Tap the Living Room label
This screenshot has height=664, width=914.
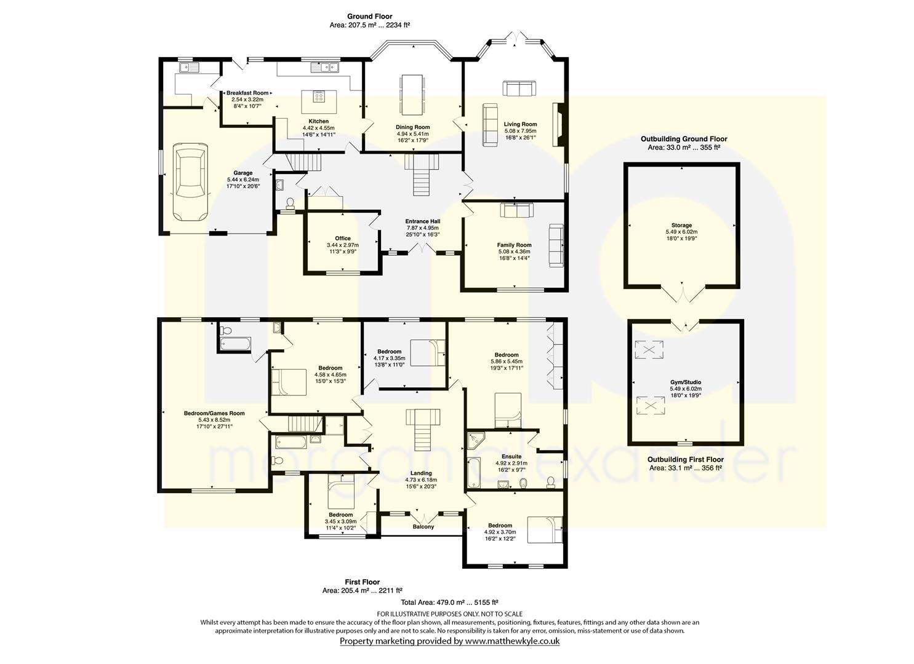coord(520,124)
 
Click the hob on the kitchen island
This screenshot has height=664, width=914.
coord(319,97)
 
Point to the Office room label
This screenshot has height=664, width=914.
coord(343,239)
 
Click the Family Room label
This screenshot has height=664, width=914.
coord(514,245)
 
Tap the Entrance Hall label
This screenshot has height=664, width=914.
coord(422,221)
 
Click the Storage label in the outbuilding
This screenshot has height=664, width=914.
coord(681,225)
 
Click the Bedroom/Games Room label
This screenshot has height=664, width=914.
coord(214,413)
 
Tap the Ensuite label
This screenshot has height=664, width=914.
coord(511,457)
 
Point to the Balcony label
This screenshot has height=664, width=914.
coord(423,527)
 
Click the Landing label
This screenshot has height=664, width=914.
coord(420,473)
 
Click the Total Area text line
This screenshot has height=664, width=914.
coord(449,602)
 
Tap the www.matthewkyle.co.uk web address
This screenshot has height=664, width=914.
coord(513,641)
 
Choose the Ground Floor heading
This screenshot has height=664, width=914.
coord(370,17)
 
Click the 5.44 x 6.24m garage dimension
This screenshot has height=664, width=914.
coord(243,180)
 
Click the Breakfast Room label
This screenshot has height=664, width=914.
coord(247,93)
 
